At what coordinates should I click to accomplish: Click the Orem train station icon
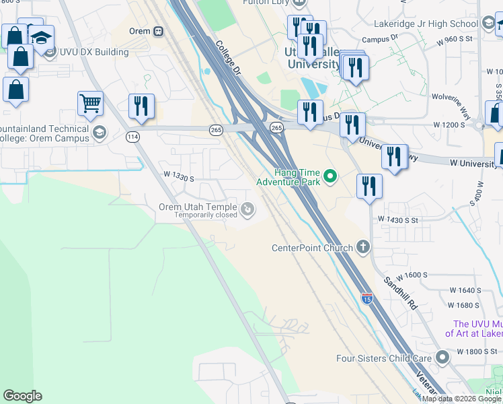(159, 31)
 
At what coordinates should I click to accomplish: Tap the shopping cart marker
(90, 104)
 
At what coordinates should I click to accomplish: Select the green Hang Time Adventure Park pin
(330, 177)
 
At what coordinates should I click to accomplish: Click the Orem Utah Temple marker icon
(248, 211)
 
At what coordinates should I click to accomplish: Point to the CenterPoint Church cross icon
(363, 247)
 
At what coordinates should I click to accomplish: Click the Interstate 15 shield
(367, 298)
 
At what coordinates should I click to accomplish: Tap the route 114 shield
(133, 137)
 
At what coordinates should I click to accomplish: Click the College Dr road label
(229, 57)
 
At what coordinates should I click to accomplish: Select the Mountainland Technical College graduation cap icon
(100, 132)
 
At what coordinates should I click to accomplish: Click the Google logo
(22, 396)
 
